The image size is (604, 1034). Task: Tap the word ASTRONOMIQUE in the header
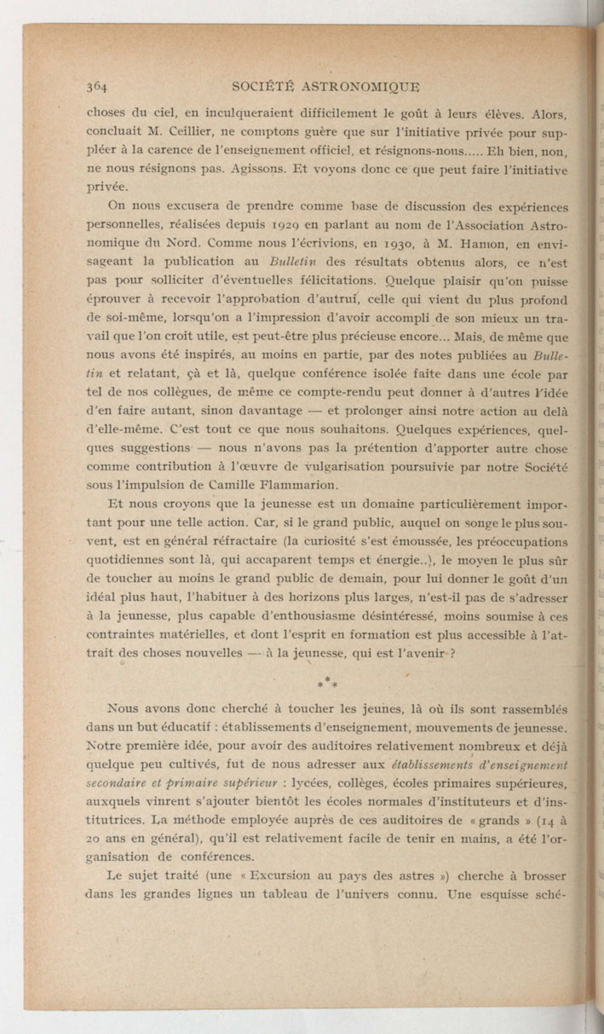[x=368, y=86]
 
